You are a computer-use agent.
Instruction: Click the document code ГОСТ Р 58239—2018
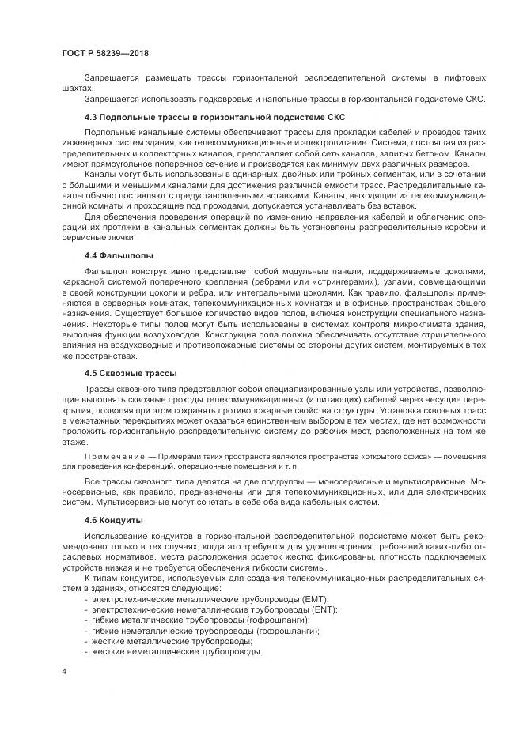tap(104, 52)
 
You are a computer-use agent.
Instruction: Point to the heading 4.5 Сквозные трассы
tap(131, 373)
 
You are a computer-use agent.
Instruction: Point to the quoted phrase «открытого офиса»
tap(366, 458)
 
